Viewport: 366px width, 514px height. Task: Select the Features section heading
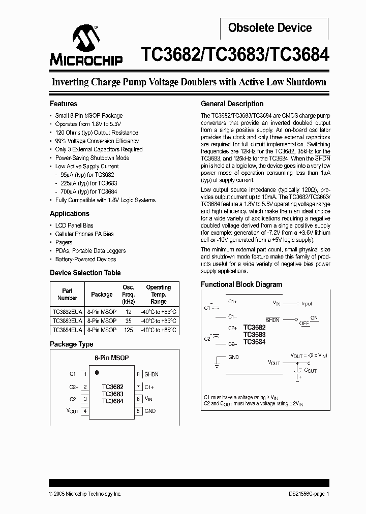(x=64, y=104)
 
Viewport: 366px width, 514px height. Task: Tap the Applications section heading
(x=70, y=214)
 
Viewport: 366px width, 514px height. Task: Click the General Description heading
(x=232, y=104)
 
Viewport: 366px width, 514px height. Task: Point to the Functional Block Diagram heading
(x=241, y=284)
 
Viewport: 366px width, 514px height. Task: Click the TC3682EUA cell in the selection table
(x=67, y=312)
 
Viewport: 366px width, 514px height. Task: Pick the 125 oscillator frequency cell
(x=128, y=330)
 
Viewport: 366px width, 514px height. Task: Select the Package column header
(x=102, y=295)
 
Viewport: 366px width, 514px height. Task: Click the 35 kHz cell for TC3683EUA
(x=128, y=321)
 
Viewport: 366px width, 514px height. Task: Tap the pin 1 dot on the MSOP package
(x=97, y=372)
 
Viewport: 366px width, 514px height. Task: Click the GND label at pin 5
(x=150, y=411)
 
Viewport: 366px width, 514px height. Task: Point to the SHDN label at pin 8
(x=151, y=374)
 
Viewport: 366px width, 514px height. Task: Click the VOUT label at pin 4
(x=72, y=411)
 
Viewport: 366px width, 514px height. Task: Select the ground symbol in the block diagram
(x=217, y=361)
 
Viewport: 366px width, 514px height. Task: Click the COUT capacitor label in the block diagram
(x=311, y=371)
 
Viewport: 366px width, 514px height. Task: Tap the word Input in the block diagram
(x=307, y=304)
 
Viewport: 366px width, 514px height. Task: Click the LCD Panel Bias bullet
(x=74, y=226)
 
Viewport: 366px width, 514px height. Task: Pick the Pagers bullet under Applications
(x=64, y=242)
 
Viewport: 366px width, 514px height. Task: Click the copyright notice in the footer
(x=85, y=494)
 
